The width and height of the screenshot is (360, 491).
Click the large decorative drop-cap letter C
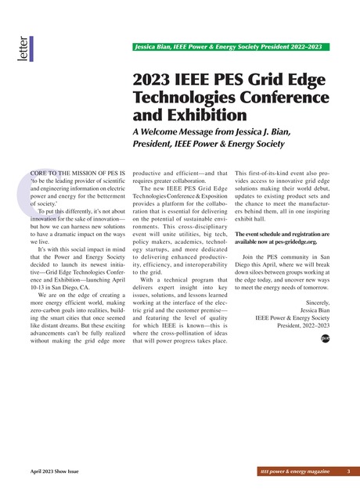[36, 186]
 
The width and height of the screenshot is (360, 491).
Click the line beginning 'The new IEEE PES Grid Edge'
[184, 190]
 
